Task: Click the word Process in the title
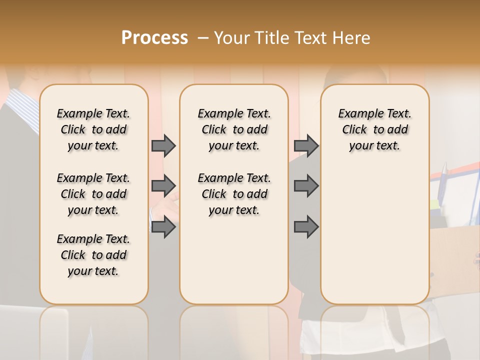coord(154,38)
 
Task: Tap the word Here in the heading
coord(351,38)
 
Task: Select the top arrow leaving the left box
coord(163,145)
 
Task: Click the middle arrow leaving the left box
coord(163,186)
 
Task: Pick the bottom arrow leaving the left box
coord(163,227)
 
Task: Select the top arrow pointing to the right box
coord(306,145)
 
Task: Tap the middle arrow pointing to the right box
coord(306,186)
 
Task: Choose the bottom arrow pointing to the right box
coord(306,227)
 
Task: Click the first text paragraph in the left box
coord(93,129)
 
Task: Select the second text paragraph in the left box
coord(93,194)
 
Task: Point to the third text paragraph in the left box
coord(93,255)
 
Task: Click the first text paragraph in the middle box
coord(234,129)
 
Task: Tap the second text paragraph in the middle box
coord(234,194)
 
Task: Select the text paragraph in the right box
coord(375,129)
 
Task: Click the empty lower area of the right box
coord(375,235)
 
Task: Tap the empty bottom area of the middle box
coord(234,265)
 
